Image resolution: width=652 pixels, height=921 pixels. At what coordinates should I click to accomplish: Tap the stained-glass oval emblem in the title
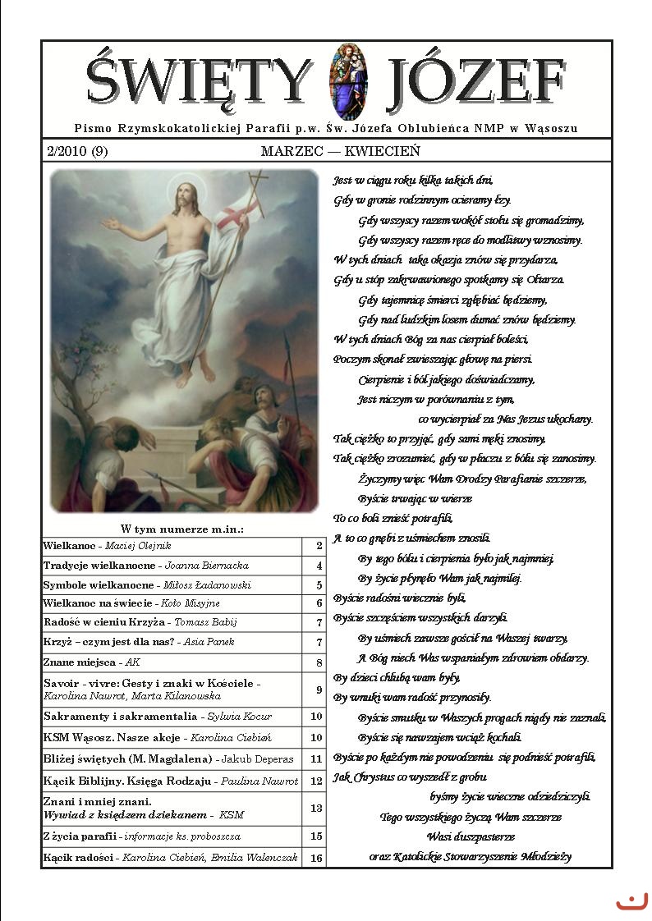click(344, 81)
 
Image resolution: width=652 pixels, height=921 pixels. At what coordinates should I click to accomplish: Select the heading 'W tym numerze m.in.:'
click(182, 529)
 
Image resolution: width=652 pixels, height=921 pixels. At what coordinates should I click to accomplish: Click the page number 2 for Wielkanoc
click(318, 545)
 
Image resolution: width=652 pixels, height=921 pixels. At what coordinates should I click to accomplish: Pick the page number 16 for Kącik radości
click(316, 859)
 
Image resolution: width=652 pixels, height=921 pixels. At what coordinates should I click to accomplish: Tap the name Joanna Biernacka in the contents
click(207, 566)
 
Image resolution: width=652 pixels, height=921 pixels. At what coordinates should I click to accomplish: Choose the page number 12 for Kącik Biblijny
click(316, 781)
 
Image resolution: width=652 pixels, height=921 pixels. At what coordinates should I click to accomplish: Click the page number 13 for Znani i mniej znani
click(316, 808)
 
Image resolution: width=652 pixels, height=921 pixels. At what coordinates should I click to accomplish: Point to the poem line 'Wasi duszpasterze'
click(471, 836)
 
